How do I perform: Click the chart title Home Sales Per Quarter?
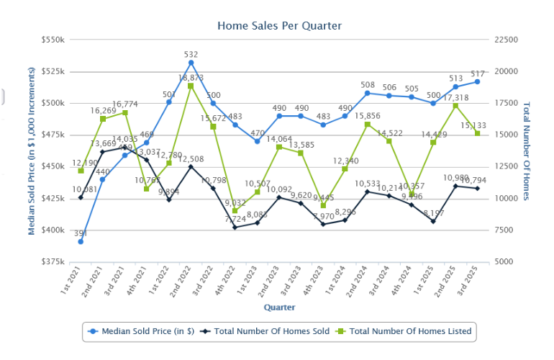[279, 26]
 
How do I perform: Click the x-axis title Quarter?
[278, 307]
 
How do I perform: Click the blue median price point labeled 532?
[191, 63]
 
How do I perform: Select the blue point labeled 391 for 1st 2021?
[81, 241]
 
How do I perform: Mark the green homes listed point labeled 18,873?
[191, 86]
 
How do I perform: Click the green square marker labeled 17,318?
[455, 106]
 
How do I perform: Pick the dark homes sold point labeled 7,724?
[235, 227]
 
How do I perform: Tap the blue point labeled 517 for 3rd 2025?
[477, 81]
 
